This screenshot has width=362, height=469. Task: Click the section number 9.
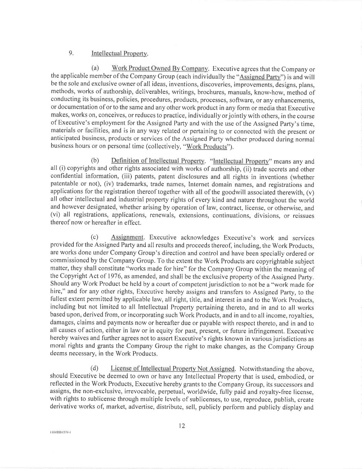click(71, 53)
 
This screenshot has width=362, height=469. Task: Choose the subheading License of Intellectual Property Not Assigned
click(173, 369)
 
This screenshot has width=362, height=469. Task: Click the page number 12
click(182, 426)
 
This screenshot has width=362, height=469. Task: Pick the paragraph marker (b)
click(95, 161)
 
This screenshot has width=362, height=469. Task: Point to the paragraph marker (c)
click(95, 237)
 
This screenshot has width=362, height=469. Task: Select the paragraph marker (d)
click(94, 369)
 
